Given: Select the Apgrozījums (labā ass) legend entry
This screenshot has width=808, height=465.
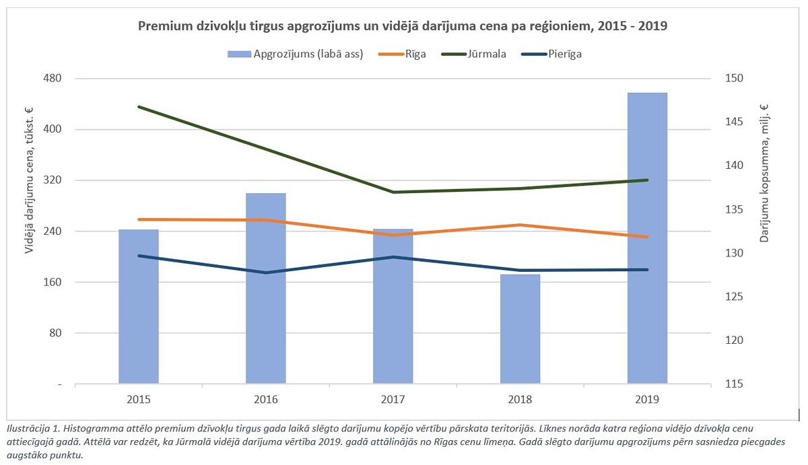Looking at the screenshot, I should [306, 55].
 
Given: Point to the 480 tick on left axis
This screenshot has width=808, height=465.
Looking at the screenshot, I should [52, 79].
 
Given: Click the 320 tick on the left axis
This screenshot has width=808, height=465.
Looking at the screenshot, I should [52, 180].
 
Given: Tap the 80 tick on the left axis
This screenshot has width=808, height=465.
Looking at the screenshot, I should [55, 333].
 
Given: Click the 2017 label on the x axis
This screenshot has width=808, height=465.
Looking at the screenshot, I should [393, 400].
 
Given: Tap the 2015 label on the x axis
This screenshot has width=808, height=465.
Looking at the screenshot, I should [138, 400].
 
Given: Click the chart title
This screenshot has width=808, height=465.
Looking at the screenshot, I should [403, 26].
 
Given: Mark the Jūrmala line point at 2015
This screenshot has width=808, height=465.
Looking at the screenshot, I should [139, 107].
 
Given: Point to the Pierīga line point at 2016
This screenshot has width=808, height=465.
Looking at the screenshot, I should [265, 273].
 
